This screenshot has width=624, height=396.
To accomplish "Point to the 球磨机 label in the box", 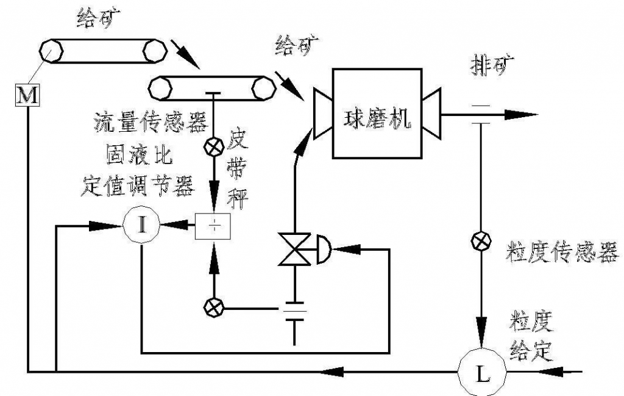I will pyautogui.click(x=376, y=115).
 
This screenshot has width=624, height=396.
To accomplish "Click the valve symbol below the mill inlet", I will pyautogui.click(x=294, y=248).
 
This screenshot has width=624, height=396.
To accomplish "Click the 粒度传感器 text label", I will pyautogui.click(x=561, y=252).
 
